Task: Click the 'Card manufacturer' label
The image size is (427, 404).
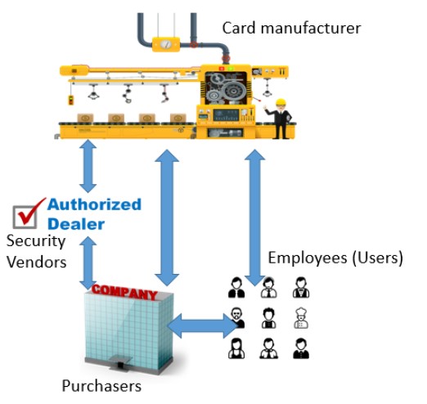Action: [291, 28]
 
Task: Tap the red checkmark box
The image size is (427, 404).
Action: [27, 214]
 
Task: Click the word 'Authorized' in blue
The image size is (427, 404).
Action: [94, 204]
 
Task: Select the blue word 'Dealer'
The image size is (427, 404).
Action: [76, 224]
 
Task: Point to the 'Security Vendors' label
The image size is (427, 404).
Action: [36, 252]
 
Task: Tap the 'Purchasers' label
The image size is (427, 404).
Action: [101, 386]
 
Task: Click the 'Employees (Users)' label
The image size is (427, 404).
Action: [335, 258]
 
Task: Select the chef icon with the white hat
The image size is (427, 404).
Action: [301, 318]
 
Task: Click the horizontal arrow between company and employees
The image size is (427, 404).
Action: [202, 325]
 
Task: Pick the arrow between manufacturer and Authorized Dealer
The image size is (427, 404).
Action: [88, 166]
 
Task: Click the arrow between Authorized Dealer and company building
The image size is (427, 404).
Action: [88, 263]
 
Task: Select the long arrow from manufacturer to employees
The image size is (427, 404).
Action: [254, 218]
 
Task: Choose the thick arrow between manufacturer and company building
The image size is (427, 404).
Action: [167, 218]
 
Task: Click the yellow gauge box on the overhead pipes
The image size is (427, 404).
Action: [166, 45]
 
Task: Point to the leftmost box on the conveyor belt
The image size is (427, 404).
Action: [85, 119]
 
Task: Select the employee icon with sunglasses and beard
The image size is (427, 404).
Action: [236, 318]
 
